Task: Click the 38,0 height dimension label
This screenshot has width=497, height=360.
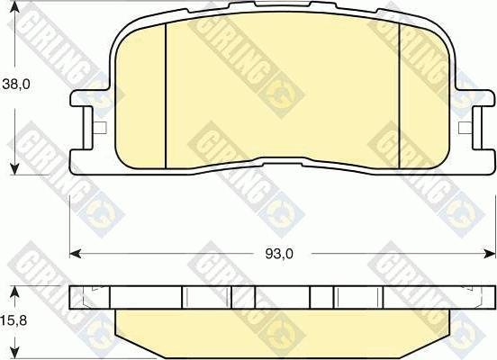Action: pos(16,85)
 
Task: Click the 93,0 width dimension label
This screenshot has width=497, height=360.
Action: pos(279,254)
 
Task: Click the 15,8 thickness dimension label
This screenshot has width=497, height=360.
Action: pos(14,320)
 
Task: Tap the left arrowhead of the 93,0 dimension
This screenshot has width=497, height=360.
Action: pos(75,253)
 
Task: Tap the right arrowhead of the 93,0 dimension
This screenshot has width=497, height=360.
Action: pos(489,253)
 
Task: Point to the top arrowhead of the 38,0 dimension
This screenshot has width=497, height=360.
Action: pos(14,7)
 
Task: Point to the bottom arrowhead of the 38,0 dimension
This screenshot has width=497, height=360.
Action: pos(14,168)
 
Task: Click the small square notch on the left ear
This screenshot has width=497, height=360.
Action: pos(101,128)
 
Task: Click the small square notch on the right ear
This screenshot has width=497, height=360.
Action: pos(465,128)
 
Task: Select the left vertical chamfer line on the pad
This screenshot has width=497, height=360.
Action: pos(166,95)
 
